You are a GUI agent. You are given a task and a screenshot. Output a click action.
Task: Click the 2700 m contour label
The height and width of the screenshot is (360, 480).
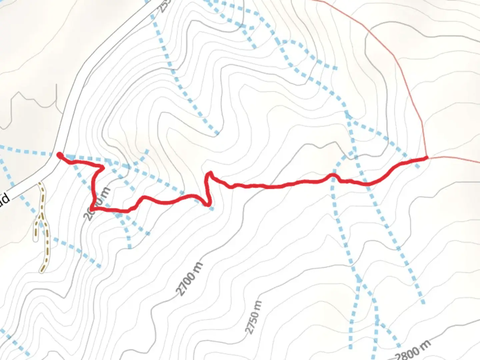tap(189, 279)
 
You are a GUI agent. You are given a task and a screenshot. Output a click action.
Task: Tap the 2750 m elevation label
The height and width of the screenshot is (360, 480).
tap(254, 317)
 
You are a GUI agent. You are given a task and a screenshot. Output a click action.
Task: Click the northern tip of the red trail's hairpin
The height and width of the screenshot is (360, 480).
tap(210, 173)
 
